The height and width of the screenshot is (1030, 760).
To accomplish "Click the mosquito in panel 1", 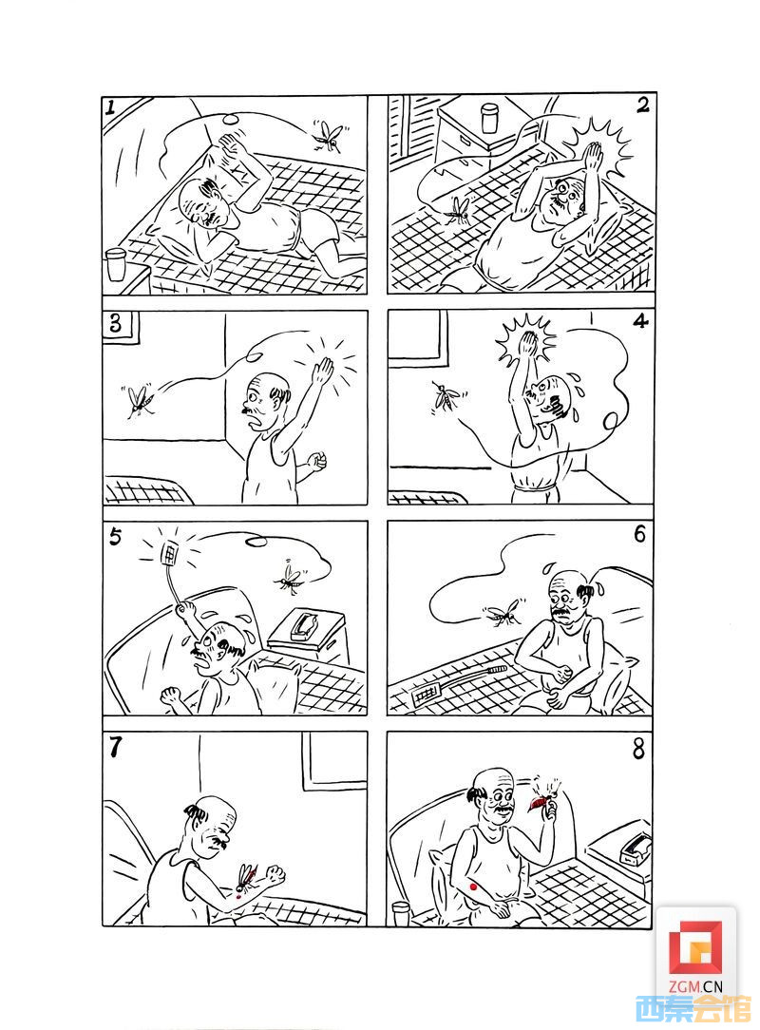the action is point(329,137).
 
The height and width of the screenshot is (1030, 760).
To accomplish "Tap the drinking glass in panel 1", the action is point(115,264).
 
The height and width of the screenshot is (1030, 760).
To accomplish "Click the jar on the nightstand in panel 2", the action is point(491,119).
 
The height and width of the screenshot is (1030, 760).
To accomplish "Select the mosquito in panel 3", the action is point(140,401).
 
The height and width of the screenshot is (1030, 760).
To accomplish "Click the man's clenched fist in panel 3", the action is point(317,461).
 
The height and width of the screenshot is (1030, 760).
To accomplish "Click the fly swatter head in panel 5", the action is point(169,552).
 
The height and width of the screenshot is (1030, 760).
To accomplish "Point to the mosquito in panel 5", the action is point(289,577).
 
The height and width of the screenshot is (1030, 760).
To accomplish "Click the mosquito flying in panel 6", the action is point(504,614).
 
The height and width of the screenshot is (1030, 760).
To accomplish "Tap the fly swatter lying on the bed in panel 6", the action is point(459,682).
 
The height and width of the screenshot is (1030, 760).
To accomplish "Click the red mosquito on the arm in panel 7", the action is point(244,879).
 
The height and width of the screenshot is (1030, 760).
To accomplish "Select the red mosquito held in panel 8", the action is point(542,799).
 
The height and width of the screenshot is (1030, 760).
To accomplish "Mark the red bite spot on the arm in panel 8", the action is point(472,887).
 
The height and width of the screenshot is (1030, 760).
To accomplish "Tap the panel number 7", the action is point(116,748).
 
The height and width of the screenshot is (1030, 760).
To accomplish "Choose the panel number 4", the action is point(639,321).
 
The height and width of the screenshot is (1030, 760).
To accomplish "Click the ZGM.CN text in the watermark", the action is point(696,986).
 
